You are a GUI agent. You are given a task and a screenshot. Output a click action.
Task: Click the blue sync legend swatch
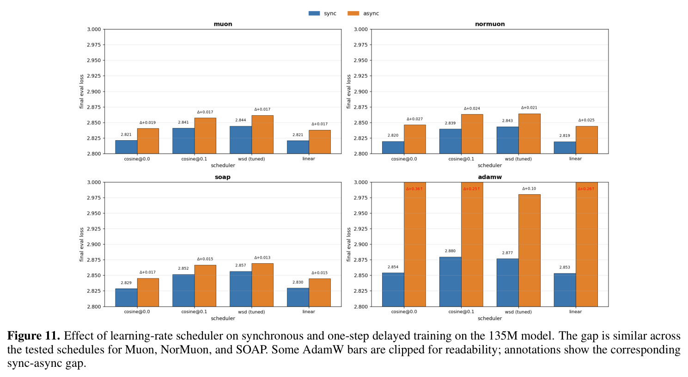click(314, 13)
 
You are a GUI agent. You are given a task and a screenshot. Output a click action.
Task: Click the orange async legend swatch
click(353, 13)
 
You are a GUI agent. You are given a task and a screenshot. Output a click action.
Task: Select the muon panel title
click(223, 24)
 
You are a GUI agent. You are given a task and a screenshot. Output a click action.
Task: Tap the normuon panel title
click(490, 24)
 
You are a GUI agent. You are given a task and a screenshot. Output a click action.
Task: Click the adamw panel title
click(490, 177)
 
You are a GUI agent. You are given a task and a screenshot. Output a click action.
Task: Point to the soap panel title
click(223, 177)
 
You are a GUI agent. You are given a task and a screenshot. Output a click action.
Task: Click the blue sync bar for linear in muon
click(298, 147)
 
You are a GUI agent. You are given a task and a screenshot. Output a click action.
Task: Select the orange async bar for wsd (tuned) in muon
click(262, 135)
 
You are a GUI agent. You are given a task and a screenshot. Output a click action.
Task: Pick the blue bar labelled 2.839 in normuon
click(450, 142)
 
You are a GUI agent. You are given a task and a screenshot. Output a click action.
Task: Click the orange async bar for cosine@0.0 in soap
click(148, 292)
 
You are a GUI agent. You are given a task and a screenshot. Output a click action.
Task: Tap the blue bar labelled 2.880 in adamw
click(450, 282)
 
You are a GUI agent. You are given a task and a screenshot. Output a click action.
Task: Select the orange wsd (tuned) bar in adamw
click(530, 251)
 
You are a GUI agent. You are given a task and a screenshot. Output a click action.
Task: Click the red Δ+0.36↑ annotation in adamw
click(414, 189)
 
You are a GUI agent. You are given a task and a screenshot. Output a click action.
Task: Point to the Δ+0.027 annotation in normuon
click(414, 119)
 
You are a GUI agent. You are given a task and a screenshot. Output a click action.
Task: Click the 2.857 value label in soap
click(240, 266)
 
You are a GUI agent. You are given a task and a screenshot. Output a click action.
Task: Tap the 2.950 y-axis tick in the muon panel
click(94, 60)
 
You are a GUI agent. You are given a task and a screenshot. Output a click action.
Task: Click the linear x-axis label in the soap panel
click(309, 311)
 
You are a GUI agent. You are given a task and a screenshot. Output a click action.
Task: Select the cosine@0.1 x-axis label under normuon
click(461, 159)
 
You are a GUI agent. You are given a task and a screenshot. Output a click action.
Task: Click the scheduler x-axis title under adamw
click(490, 318)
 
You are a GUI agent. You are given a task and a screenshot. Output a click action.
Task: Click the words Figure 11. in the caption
click(33, 336)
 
